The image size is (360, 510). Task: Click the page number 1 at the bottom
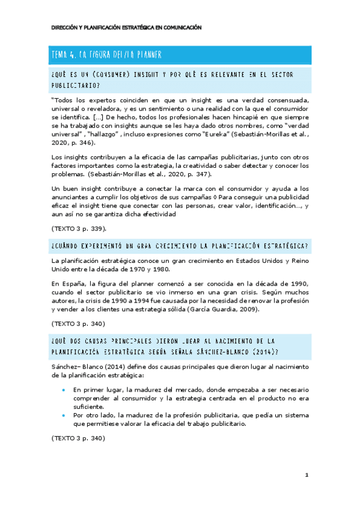[307, 475]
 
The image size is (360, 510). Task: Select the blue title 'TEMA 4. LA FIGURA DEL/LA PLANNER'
[108, 55]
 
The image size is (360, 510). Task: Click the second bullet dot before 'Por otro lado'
[64, 415]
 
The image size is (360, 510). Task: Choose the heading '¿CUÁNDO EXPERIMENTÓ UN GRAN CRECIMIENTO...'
[180, 246]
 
